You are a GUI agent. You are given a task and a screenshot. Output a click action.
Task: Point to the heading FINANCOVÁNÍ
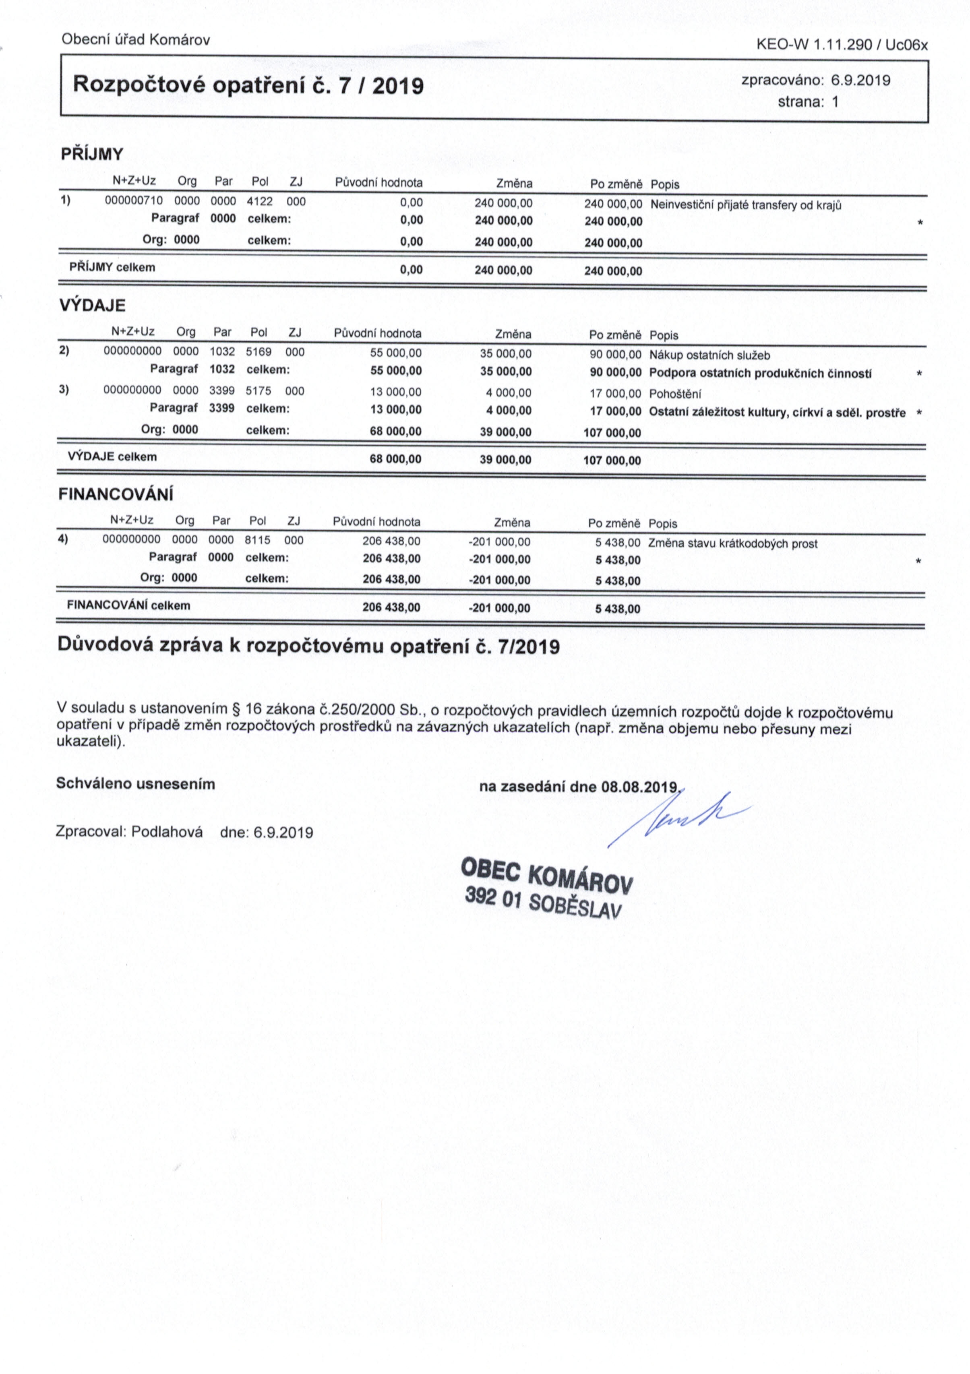coord(116,495)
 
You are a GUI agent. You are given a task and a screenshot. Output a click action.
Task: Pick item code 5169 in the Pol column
coord(259,353)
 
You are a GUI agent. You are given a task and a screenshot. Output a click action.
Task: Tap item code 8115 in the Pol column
coord(257,540)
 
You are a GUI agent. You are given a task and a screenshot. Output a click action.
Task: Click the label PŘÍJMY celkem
coord(112,267)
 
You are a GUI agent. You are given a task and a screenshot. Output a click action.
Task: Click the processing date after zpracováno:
coord(860,80)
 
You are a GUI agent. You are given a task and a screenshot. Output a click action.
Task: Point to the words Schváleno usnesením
coord(135,784)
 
